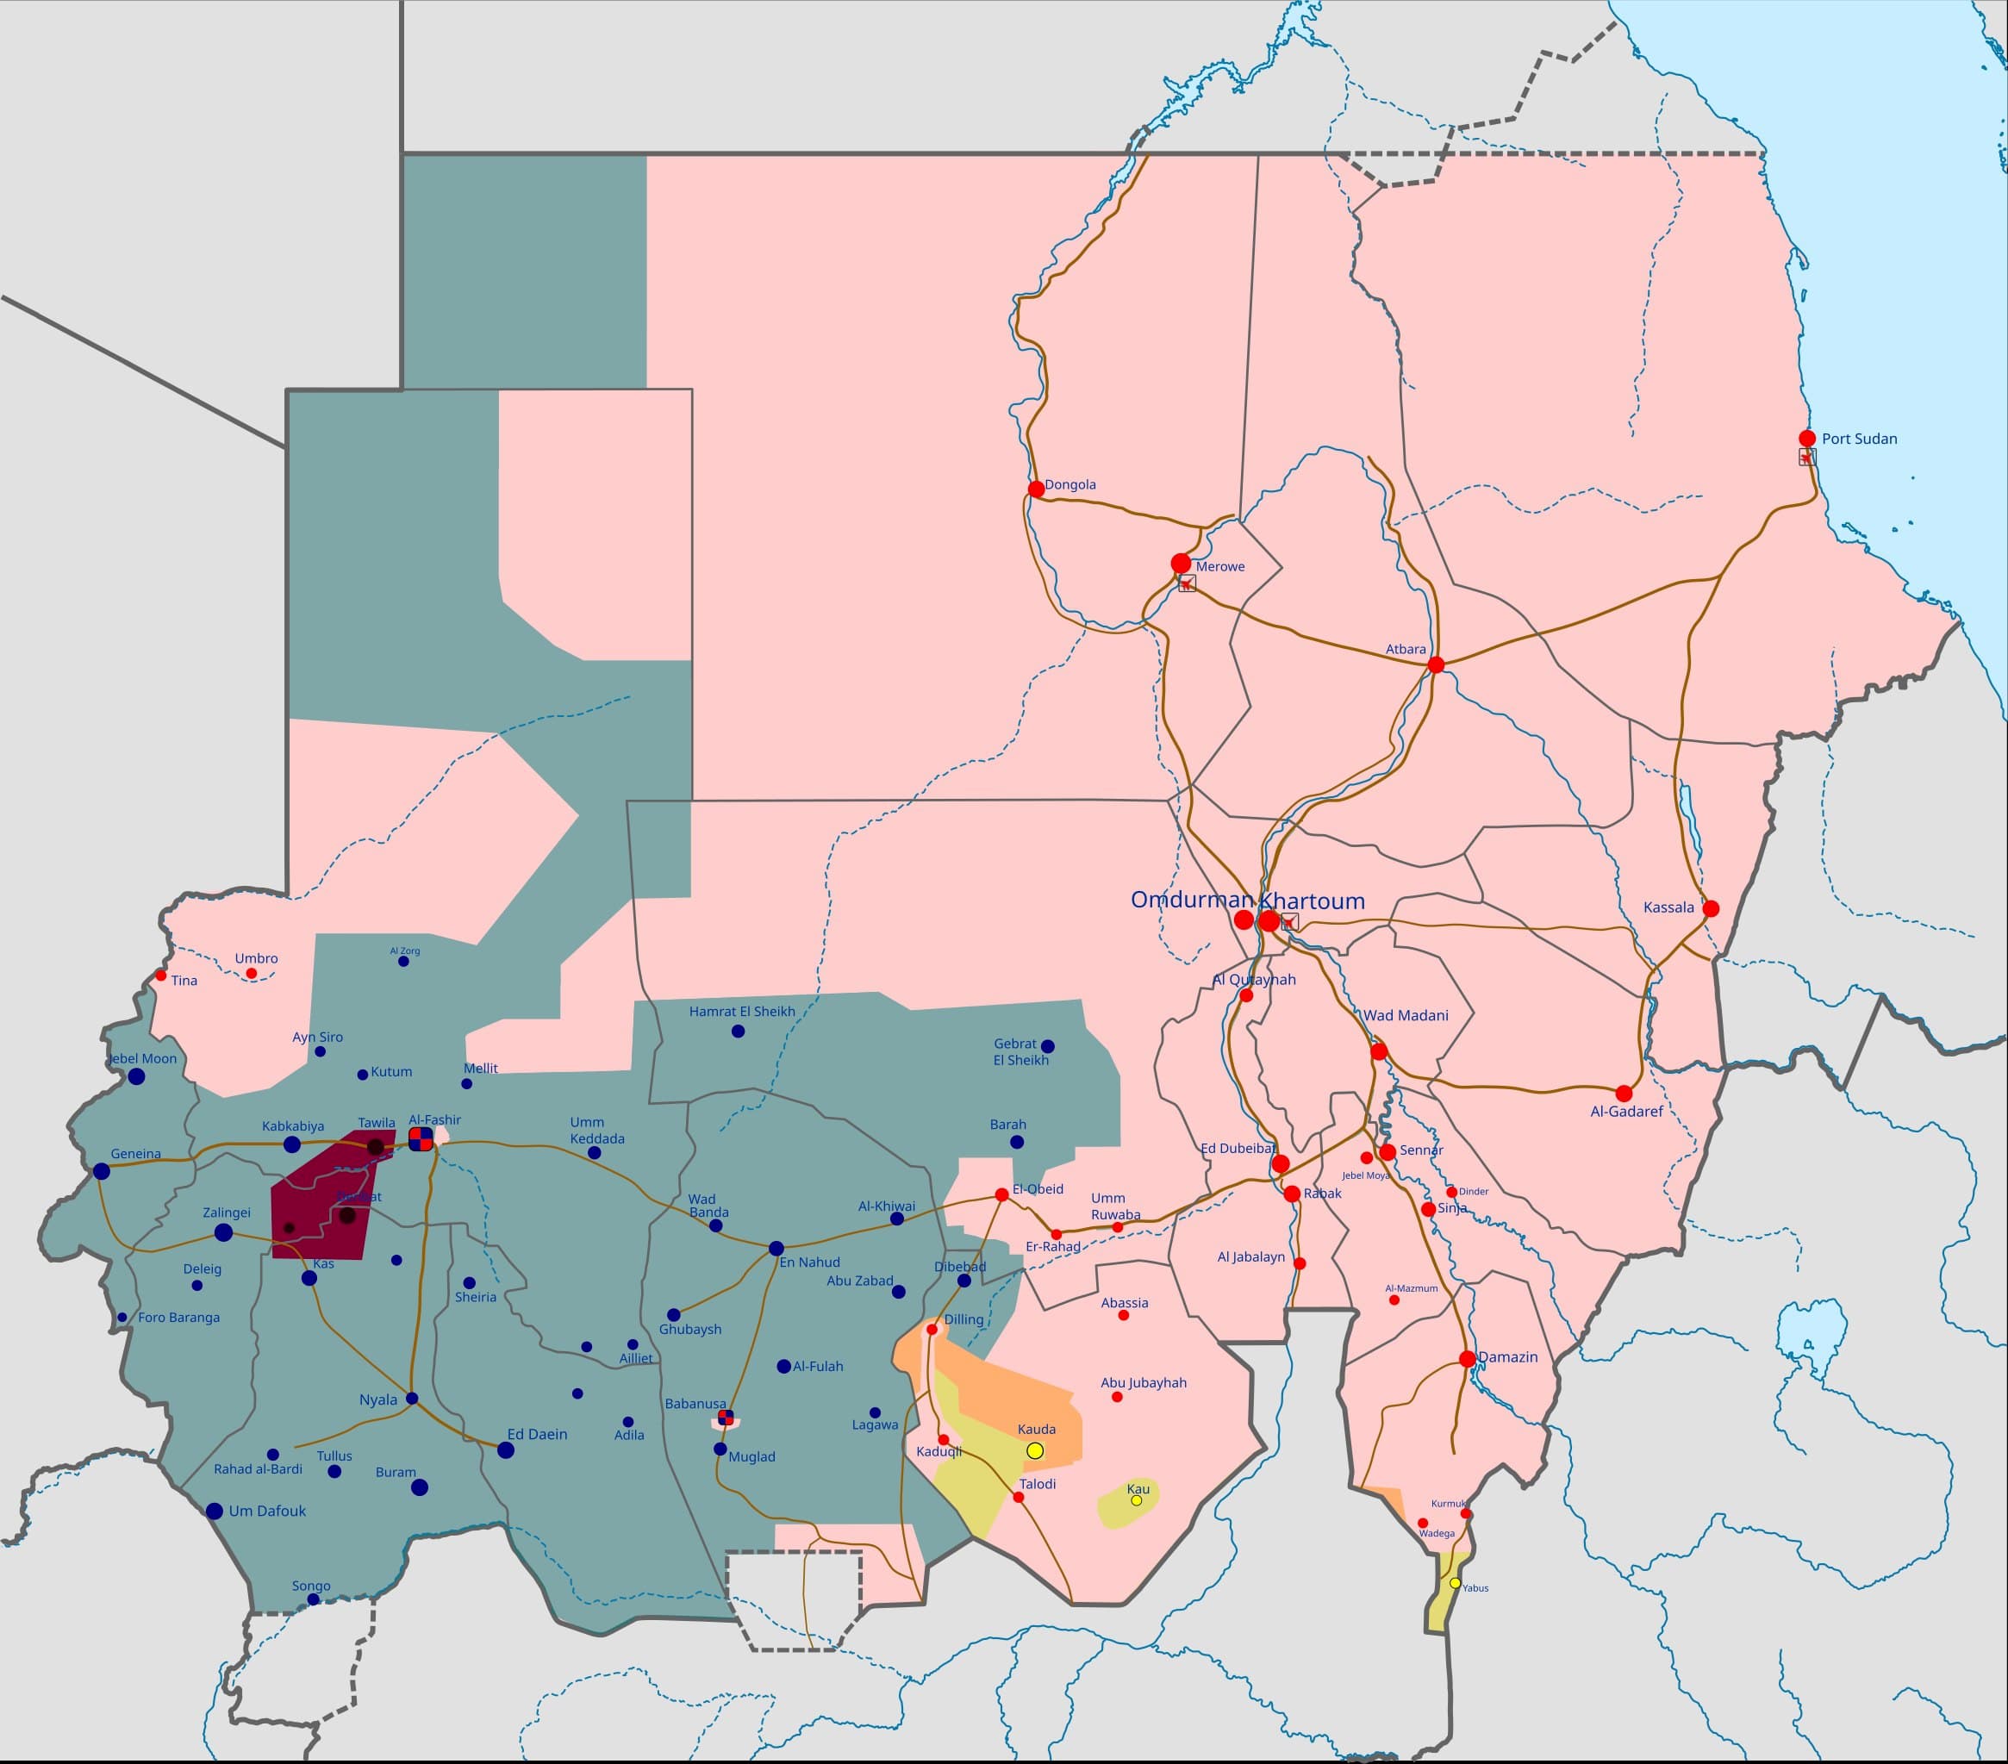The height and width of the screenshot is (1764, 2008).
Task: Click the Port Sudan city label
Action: tap(1859, 439)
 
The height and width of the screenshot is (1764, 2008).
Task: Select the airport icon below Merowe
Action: tap(1187, 583)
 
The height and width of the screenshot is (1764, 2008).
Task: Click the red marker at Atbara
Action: tap(1435, 665)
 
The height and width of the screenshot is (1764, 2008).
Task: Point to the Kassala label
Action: tap(1668, 907)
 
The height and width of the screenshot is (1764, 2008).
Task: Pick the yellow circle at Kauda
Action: tap(1034, 1450)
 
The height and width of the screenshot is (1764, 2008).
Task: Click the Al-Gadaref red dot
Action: tap(1624, 1094)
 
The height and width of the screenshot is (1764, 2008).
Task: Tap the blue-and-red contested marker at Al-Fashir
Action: tap(421, 1138)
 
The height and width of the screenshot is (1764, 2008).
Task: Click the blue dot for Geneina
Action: tap(101, 1171)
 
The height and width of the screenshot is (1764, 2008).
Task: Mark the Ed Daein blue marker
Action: tap(506, 1449)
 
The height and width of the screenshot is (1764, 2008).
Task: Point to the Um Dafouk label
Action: tap(267, 1511)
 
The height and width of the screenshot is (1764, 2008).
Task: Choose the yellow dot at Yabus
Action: tap(1455, 1582)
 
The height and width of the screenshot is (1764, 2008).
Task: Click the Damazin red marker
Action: tap(1467, 1359)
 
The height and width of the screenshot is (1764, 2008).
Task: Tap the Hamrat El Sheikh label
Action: tap(742, 1012)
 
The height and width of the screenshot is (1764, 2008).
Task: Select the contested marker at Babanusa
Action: tap(726, 1417)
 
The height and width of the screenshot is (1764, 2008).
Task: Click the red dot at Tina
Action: tap(161, 975)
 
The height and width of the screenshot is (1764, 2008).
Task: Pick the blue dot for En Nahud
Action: tap(776, 1249)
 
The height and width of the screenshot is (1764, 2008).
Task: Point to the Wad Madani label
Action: tap(1405, 1016)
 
